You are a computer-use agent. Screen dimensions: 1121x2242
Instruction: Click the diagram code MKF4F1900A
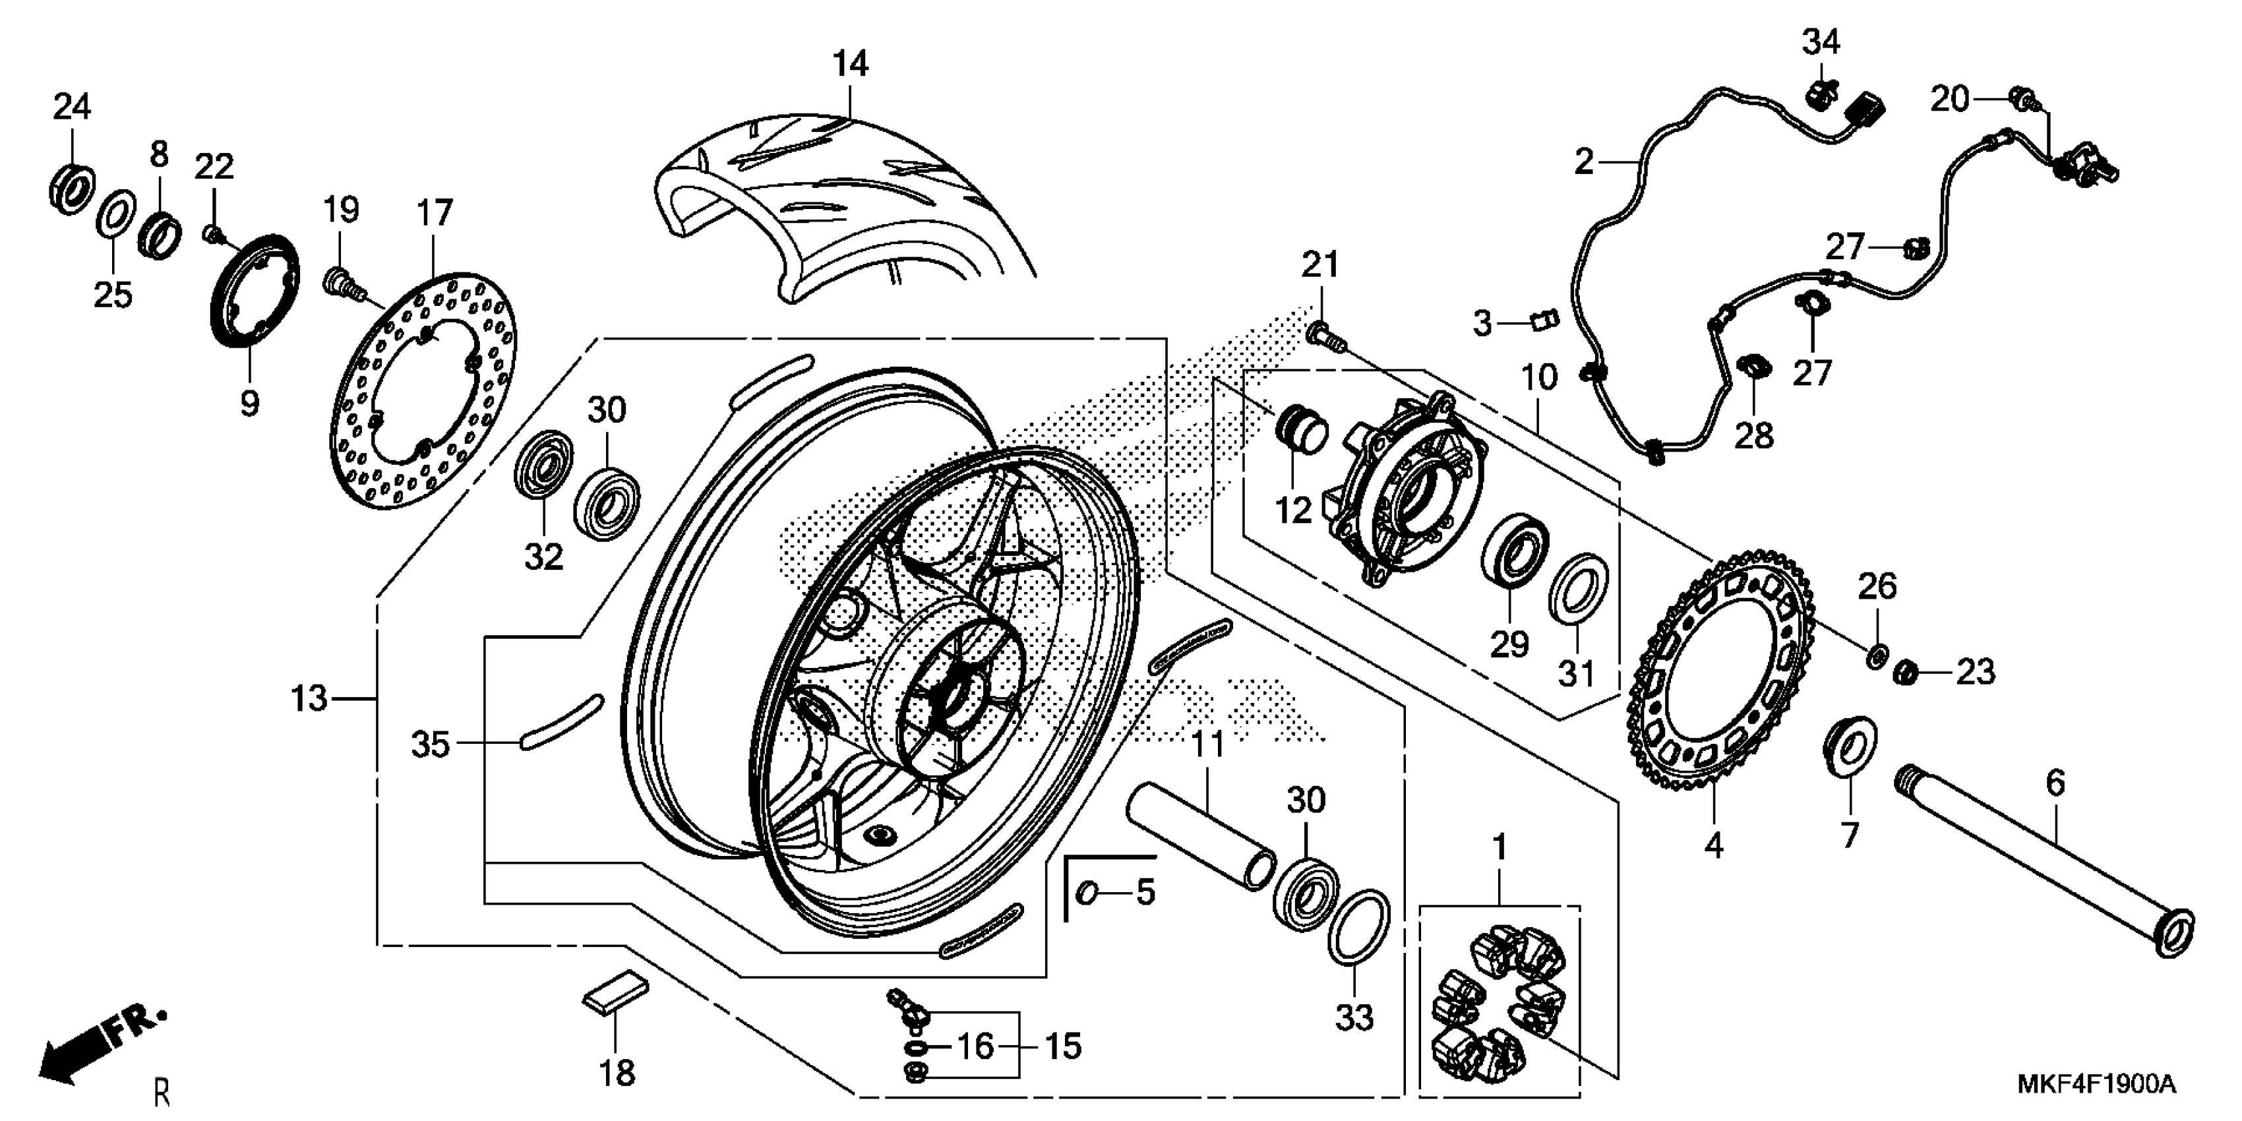[x=2095, y=1085]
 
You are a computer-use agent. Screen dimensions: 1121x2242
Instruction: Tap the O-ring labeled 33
[x=1358, y=927]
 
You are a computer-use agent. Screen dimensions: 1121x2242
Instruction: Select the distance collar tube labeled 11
[x=1200, y=835]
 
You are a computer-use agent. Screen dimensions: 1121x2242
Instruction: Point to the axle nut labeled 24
[x=70, y=185]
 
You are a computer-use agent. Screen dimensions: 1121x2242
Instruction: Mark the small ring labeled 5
[x=1088, y=892]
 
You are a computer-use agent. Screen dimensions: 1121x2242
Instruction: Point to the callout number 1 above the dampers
[x=1499, y=847]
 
